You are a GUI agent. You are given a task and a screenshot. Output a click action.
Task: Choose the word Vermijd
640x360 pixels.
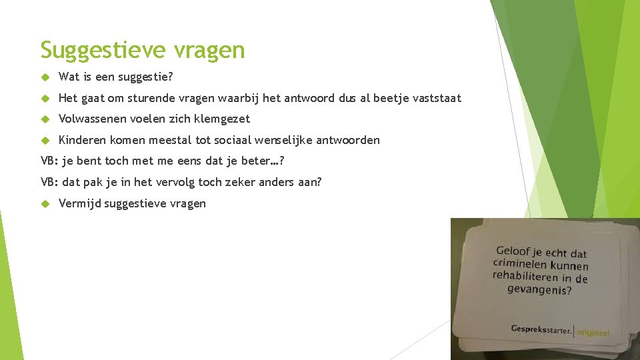(80, 203)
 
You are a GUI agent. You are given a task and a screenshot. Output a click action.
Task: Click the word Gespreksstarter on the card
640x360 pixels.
(541, 329)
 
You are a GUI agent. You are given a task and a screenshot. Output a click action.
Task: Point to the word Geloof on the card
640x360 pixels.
(513, 251)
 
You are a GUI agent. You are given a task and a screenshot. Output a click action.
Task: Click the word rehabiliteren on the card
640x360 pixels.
(525, 276)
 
